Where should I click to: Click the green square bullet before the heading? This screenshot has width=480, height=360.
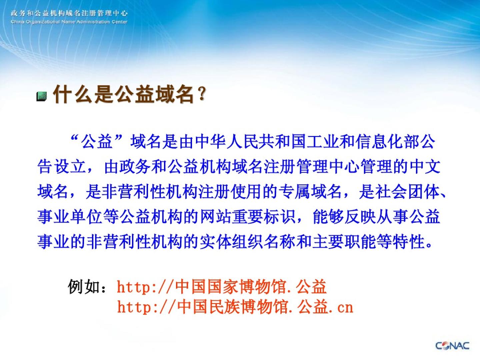[42, 96]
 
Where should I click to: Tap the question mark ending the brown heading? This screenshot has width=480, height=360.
[202, 94]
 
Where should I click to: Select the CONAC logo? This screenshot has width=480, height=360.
[452, 346]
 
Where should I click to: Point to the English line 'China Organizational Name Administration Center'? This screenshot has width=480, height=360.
[69, 22]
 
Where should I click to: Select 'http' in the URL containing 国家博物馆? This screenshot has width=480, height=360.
[134, 287]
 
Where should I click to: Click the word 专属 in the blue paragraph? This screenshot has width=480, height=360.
[294, 192]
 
